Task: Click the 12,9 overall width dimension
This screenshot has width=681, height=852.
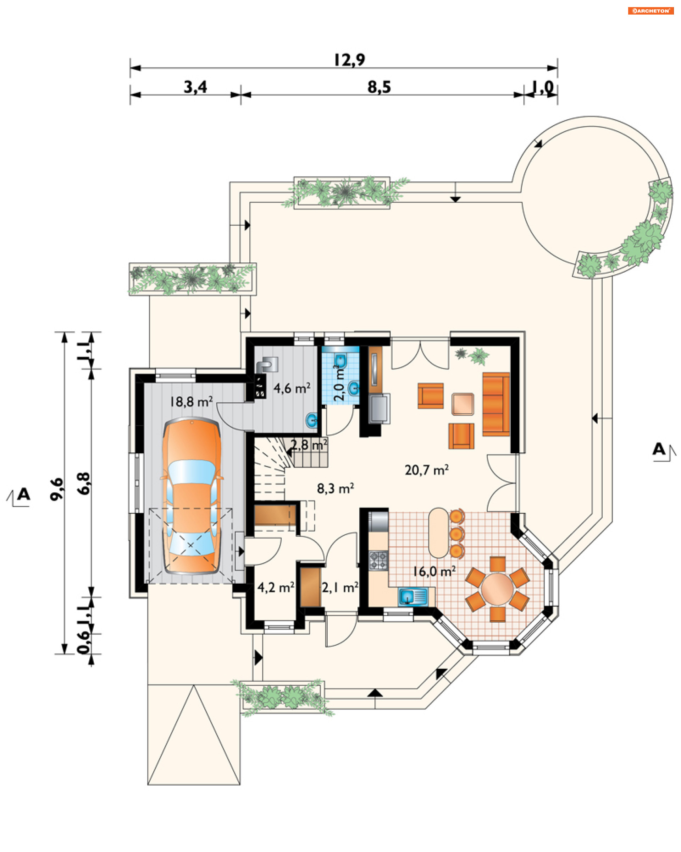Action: tap(349, 60)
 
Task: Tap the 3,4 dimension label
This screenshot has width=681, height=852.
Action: tap(195, 87)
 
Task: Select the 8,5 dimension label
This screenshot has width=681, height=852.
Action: tap(379, 87)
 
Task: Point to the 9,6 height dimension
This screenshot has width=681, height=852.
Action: tap(57, 489)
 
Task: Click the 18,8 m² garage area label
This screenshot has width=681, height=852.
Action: tap(191, 402)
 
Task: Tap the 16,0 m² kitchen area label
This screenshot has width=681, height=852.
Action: tap(434, 572)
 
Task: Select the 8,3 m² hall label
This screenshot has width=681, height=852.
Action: tap(335, 488)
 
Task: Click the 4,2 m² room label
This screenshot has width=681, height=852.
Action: tap(276, 587)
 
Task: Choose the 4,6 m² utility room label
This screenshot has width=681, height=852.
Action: tap(292, 388)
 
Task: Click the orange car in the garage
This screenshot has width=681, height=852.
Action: tap(192, 496)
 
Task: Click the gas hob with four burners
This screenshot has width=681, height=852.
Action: tap(378, 560)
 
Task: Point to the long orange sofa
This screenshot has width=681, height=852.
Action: tap(496, 404)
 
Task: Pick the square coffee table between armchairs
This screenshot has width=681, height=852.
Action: tap(462, 404)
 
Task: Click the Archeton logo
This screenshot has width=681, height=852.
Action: tap(650, 11)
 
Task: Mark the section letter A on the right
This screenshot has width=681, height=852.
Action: tap(659, 449)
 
